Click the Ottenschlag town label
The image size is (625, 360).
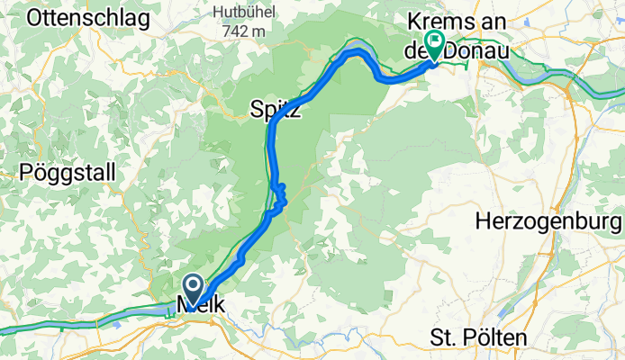tap(83, 17)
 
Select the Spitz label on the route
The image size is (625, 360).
tap(276, 112)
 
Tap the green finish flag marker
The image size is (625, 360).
tap(435, 40)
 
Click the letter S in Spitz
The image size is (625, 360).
tap(256, 112)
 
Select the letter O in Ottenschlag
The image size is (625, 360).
tap(37, 17)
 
